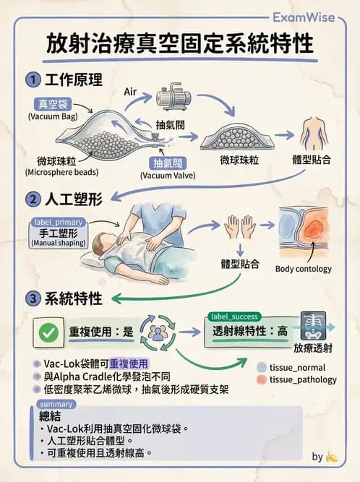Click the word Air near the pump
pyautogui.click(x=131, y=92)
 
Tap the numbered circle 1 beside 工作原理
pyautogui.click(x=33, y=78)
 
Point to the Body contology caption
pyautogui.click(x=304, y=269)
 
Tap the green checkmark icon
pyautogui.click(x=49, y=332)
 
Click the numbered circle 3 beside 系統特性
pyautogui.click(x=33, y=298)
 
